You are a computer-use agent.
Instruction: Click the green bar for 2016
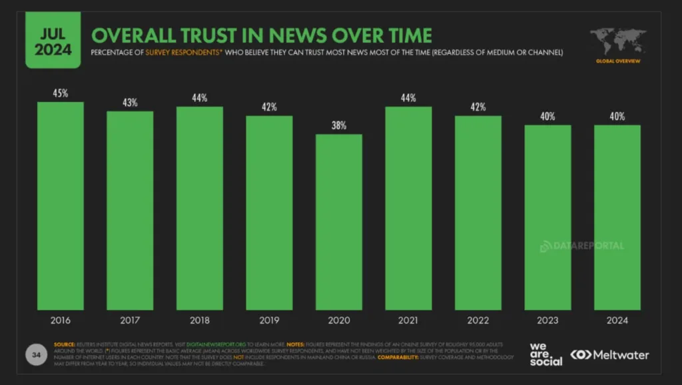(61, 206)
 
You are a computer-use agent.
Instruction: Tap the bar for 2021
(408, 208)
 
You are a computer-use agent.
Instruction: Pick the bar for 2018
(200, 208)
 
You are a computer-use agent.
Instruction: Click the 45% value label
(61, 93)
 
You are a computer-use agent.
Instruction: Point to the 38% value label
(339, 126)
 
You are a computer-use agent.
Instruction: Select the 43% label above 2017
(130, 103)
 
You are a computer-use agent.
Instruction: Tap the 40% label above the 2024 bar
(617, 117)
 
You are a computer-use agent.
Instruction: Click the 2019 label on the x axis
(269, 320)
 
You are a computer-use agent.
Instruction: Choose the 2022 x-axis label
(478, 320)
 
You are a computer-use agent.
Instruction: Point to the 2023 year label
(547, 320)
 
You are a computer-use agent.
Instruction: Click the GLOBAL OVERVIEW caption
(618, 61)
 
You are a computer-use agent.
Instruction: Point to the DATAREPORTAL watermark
(581, 246)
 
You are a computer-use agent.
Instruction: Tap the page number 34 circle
(36, 354)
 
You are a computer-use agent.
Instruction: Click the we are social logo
(546, 354)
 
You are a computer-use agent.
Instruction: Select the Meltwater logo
(610, 354)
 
